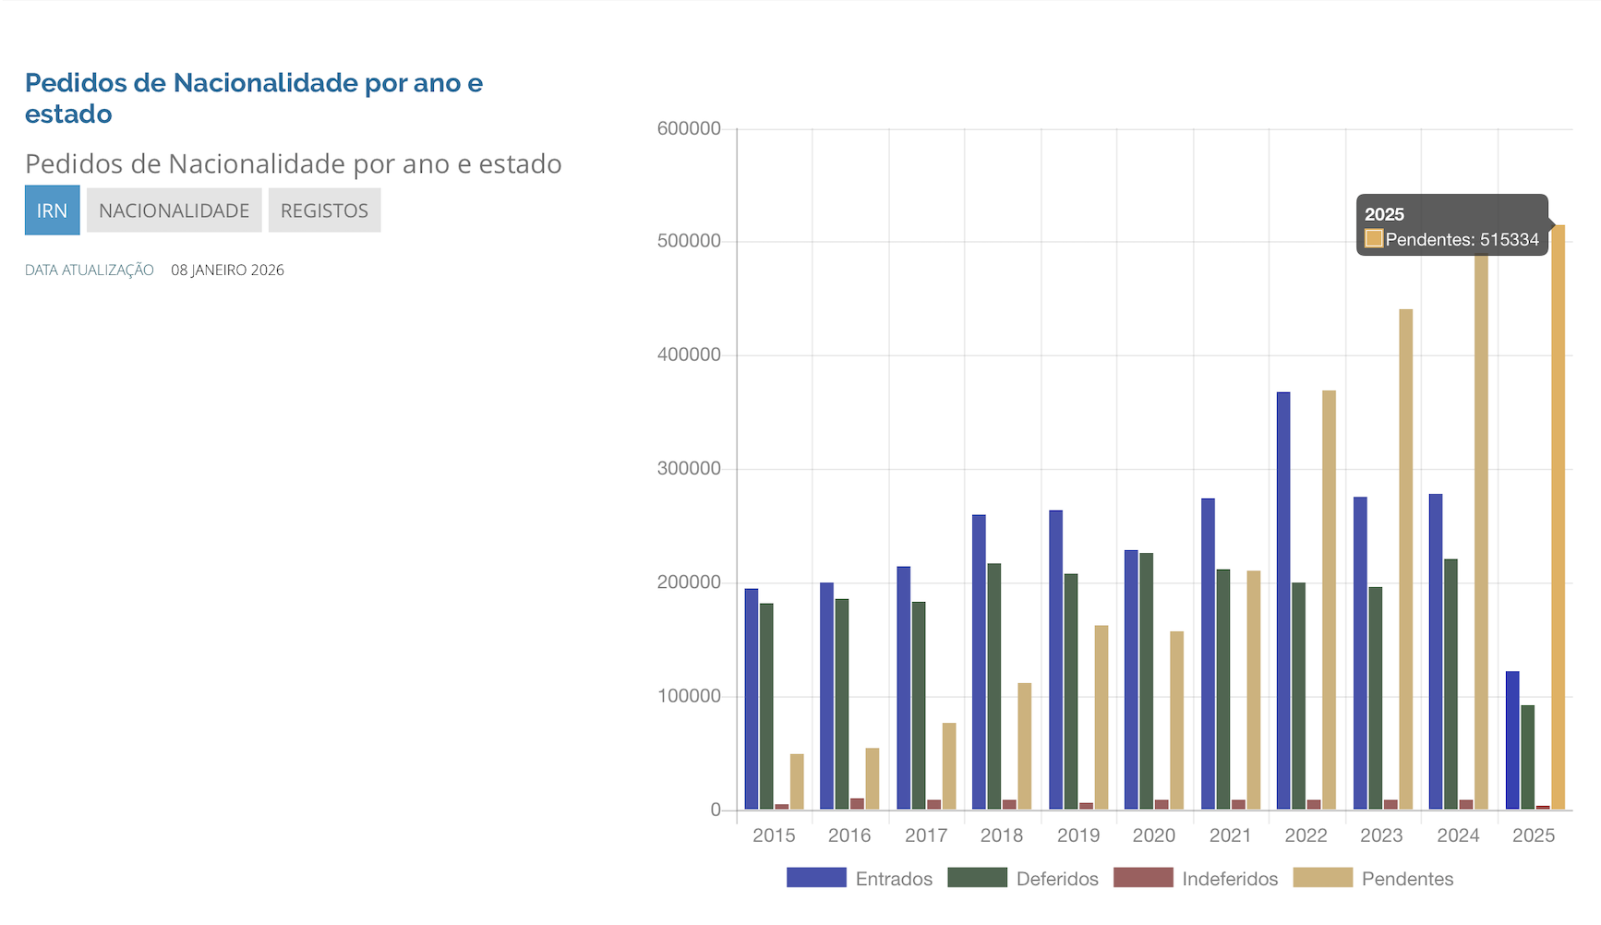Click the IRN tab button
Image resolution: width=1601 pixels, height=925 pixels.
52,210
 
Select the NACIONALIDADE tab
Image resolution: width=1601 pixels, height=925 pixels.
174,210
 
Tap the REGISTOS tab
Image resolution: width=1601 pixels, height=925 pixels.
324,210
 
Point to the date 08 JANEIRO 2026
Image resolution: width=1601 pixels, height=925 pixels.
227,270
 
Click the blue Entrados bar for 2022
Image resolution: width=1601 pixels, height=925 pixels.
1283,600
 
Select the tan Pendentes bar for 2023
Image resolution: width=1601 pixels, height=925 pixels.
1405,559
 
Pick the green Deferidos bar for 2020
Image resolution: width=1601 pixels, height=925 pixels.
1147,681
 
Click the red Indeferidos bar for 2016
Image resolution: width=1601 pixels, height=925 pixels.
858,804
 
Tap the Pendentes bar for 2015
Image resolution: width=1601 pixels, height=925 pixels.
797,782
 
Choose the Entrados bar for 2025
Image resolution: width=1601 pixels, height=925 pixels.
1512,740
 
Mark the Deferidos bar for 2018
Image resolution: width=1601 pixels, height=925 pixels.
994,687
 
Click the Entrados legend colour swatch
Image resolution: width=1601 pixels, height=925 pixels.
816,878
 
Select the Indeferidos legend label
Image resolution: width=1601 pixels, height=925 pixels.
1230,879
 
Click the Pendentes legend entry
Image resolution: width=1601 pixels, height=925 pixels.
1407,879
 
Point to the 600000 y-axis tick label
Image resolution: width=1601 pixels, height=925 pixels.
689,129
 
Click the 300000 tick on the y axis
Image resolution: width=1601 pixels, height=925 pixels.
689,469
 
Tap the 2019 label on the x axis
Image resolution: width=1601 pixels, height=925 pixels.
1078,835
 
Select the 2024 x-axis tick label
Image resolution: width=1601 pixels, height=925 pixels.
1458,835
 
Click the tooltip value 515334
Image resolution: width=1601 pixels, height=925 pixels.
1510,240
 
